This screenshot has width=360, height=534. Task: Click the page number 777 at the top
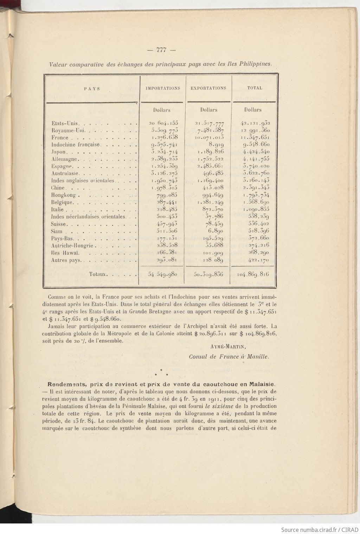[x=161, y=50]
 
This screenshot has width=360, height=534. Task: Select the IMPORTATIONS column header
[x=163, y=88]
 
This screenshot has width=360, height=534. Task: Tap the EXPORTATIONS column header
[x=208, y=88]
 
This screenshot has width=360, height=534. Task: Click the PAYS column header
[x=92, y=89]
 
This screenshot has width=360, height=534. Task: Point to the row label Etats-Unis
[x=64, y=123]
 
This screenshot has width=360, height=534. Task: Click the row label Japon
[x=58, y=152]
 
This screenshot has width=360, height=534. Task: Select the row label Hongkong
[x=64, y=195]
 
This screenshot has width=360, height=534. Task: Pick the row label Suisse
[x=59, y=224]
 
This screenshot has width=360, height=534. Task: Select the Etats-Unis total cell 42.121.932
[x=255, y=123]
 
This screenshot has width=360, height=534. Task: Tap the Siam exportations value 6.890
[x=214, y=231]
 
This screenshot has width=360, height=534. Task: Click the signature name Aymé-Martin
[x=227, y=346]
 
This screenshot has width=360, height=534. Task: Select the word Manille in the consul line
[x=258, y=356]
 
